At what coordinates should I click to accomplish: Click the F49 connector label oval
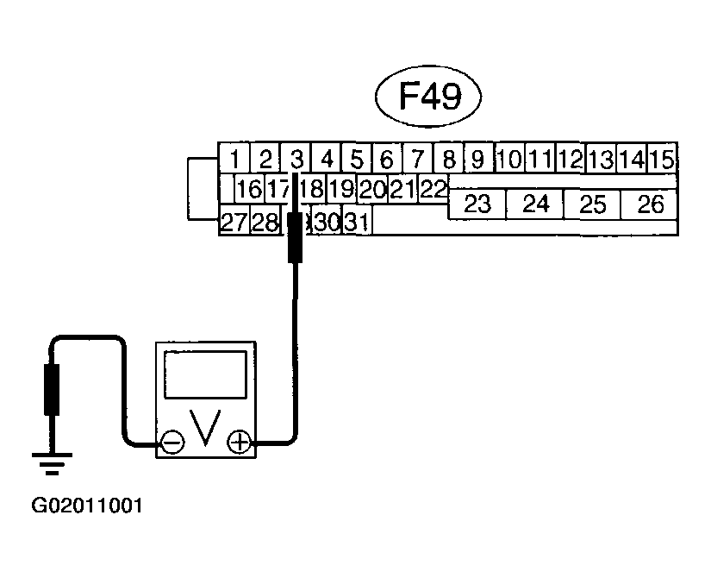tap(428, 97)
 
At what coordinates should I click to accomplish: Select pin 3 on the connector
tap(296, 159)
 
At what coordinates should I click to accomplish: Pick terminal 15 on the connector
tap(661, 159)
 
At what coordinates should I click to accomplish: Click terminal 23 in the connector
tap(477, 204)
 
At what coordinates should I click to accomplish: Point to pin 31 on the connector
tap(357, 223)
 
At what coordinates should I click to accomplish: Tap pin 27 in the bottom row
tap(234, 223)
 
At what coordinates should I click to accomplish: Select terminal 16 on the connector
tap(248, 189)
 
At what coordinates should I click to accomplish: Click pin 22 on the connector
tap(433, 188)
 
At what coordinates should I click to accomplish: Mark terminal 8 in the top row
tap(448, 159)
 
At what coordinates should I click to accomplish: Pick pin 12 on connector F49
tap(570, 159)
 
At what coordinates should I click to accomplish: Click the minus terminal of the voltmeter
tap(172, 443)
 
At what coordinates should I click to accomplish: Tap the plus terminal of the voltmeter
tap(240, 443)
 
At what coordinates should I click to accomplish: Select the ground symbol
tap(51, 465)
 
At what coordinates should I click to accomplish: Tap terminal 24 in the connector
tap(535, 204)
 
